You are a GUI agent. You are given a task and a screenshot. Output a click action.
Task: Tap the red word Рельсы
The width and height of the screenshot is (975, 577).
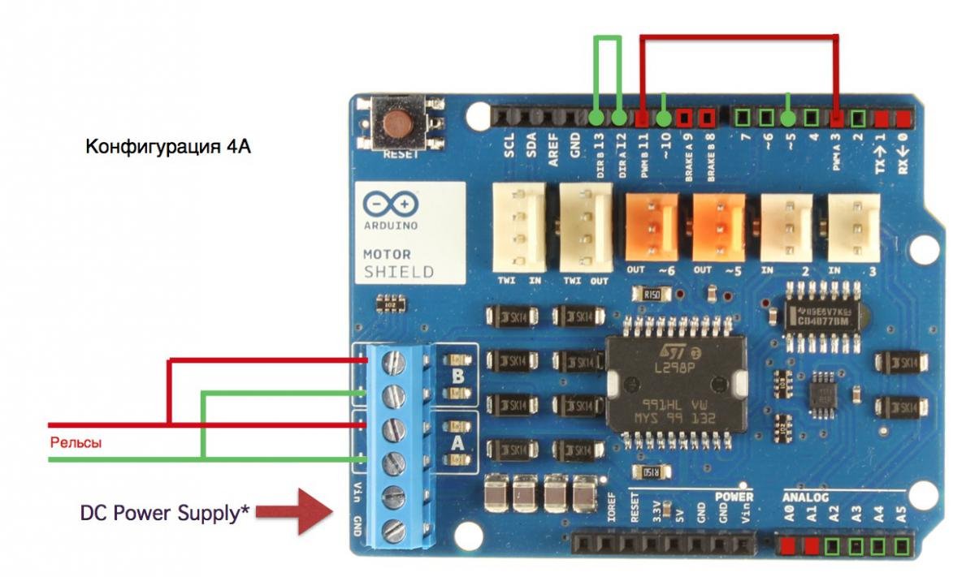coord(76,443)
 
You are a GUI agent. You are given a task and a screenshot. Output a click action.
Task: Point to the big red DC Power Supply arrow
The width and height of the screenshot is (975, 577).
coord(305,512)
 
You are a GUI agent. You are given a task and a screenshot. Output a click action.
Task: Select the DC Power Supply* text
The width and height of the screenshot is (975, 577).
coord(164,513)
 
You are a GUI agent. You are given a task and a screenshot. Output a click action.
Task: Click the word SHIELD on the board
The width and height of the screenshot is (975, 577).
coord(398,272)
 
